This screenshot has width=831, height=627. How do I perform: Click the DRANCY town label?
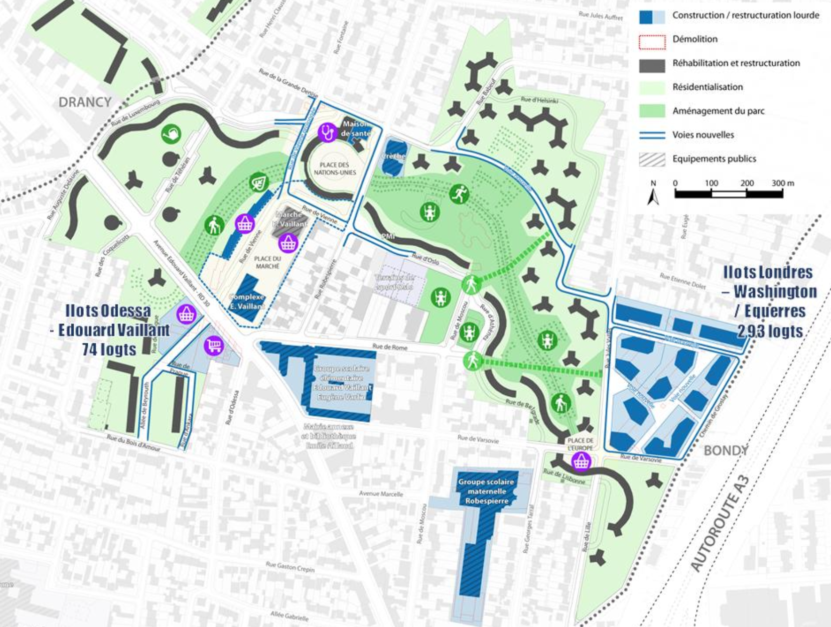coord(85,102)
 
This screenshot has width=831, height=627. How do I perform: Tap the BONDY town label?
coord(726,451)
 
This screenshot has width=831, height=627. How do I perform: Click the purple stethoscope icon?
coord(328,132)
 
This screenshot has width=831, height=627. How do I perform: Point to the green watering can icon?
coord(171,134)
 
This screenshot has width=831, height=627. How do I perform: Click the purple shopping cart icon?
coord(214,345)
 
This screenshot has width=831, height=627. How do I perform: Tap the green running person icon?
coord(459,194)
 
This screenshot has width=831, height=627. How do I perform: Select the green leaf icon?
coord(259,182)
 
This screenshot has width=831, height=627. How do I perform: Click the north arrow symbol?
coord(653,193)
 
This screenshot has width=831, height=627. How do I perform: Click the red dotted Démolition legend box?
coord(652,42)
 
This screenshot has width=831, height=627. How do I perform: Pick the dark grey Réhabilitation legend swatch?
coord(652,65)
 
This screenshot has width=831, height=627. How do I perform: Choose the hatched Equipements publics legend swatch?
coord(652,159)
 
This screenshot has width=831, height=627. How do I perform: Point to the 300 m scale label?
coord(783,183)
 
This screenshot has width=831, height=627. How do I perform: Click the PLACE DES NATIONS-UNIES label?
coord(335,168)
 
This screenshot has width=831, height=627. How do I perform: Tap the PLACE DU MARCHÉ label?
coord(268,262)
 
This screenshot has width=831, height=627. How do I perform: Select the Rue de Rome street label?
coord(390,347)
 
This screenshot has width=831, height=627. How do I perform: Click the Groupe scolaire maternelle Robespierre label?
coord(487,491)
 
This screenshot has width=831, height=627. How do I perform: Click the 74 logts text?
coord(109,349)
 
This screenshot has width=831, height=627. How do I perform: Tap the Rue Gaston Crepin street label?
coord(290,567)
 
